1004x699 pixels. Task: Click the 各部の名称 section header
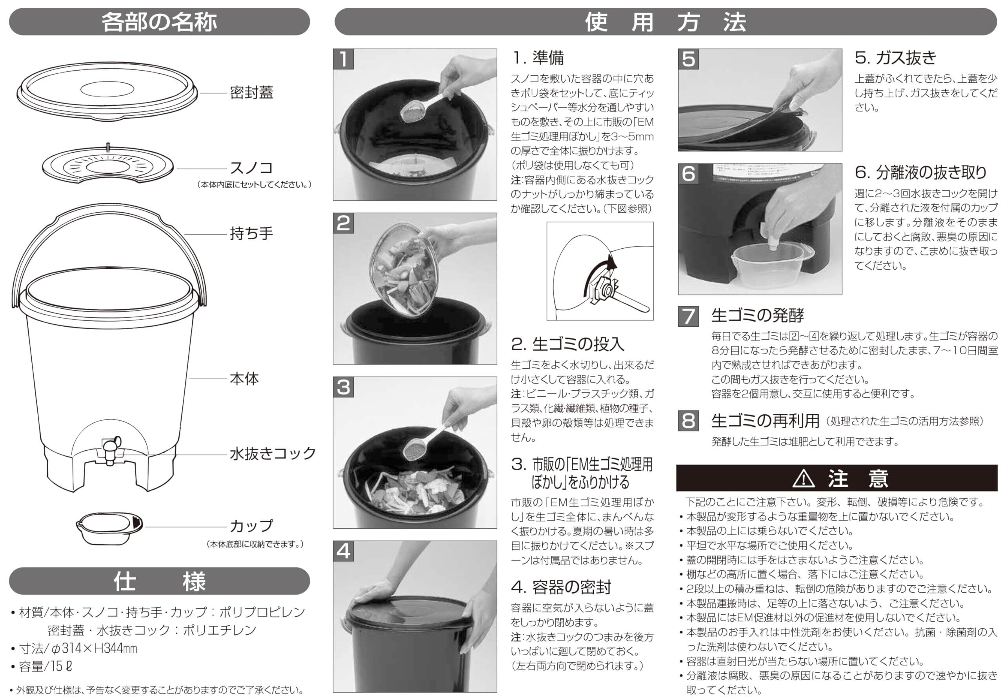point(159,22)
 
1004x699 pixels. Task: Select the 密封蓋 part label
point(251,93)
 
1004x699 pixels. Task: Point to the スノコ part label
point(251,168)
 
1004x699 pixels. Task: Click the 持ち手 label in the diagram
point(251,233)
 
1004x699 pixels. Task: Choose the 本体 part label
point(244,379)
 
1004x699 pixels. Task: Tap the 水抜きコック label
point(273,453)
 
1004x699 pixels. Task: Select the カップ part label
point(251,525)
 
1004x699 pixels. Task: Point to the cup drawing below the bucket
point(109,528)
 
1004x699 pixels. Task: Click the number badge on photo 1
point(344,59)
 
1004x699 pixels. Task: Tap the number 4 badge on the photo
point(344,551)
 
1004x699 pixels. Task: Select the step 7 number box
point(688,316)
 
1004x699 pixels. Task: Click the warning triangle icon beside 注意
point(804,479)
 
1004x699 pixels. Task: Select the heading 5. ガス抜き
point(896,58)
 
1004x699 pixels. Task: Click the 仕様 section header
point(159,582)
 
